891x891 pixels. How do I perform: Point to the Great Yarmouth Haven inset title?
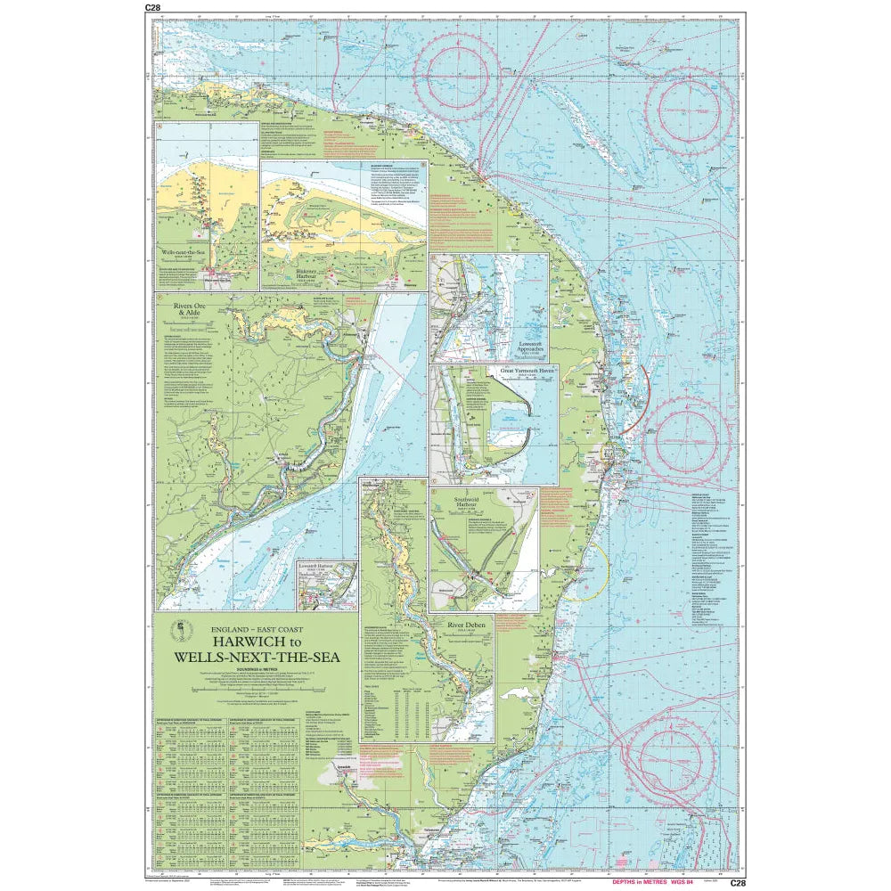pos(521,370)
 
